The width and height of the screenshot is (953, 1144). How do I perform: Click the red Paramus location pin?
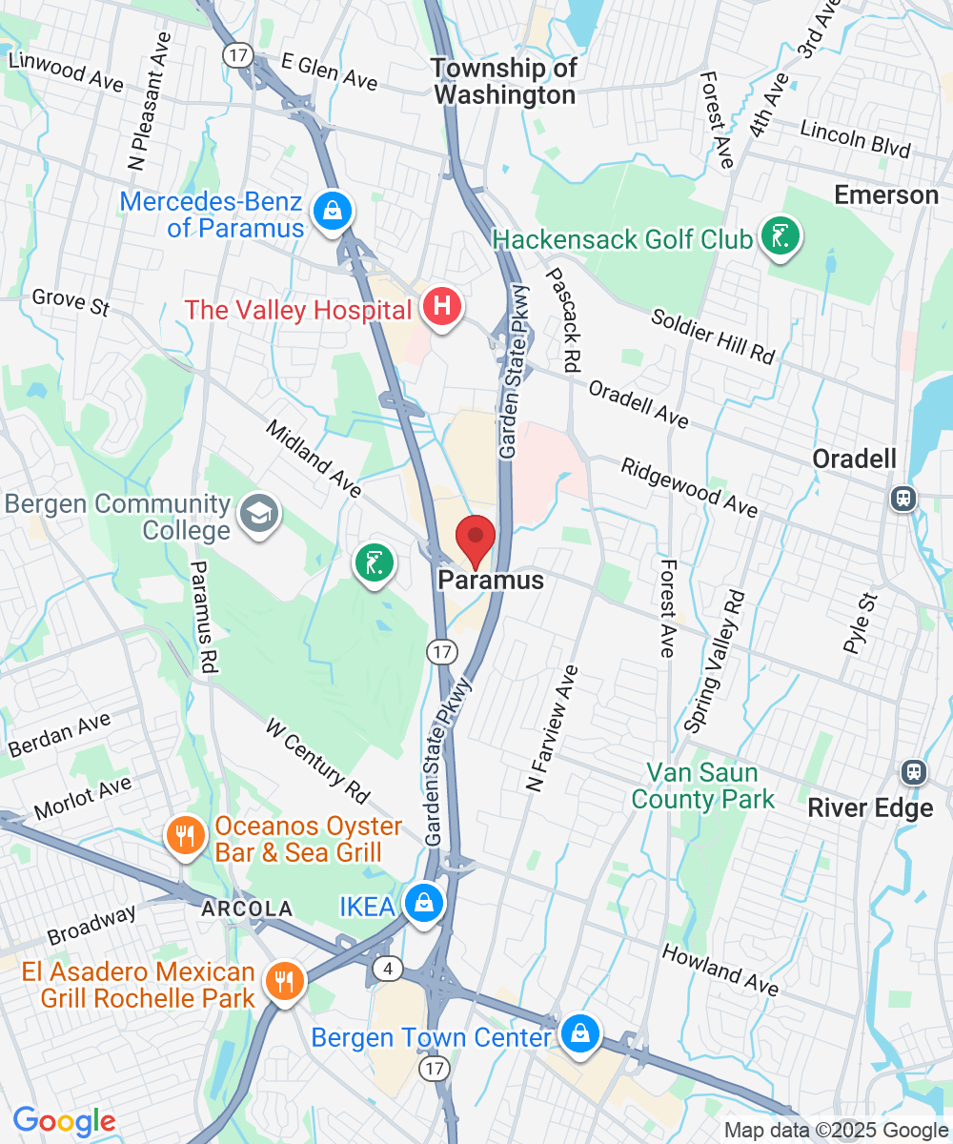point(475,541)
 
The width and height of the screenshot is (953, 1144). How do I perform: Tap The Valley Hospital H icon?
point(442,307)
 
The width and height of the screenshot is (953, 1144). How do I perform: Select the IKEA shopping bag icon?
point(423,902)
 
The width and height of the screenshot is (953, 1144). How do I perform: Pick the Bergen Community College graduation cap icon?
point(258,515)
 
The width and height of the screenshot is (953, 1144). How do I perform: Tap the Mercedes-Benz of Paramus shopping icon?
point(332,212)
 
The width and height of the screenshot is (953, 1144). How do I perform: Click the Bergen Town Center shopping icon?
point(578,1034)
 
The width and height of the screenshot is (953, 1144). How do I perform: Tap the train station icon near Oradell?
point(902,497)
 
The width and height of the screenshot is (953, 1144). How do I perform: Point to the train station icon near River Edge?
point(914,771)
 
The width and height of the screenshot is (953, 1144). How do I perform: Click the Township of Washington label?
point(504,81)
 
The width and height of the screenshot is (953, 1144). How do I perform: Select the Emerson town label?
point(886,195)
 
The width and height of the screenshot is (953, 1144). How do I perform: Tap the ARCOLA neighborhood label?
point(246,909)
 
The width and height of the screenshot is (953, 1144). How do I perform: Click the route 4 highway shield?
point(385,969)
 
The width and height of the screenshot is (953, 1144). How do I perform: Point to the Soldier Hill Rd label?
point(713,335)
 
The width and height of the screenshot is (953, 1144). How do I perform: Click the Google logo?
point(64,1122)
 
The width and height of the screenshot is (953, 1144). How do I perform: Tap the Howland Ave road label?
point(720,970)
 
